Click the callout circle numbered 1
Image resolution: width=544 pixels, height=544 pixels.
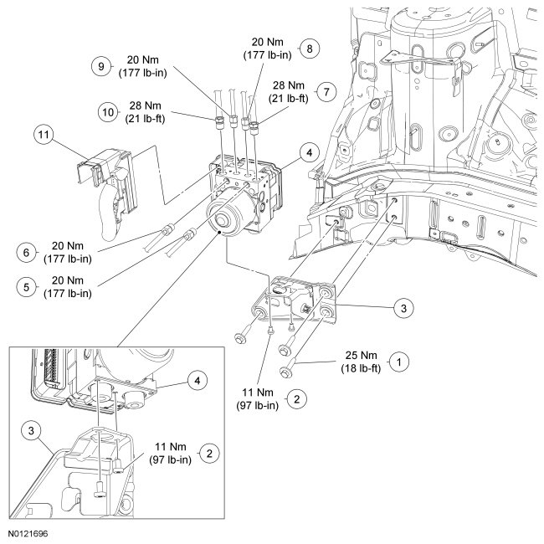click(x=401, y=362)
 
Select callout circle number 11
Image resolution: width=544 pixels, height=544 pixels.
click(x=44, y=133)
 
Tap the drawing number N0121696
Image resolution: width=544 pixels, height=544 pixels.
click(x=29, y=532)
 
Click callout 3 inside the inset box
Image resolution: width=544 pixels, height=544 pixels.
click(x=29, y=430)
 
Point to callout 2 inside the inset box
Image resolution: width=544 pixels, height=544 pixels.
click(x=210, y=453)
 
